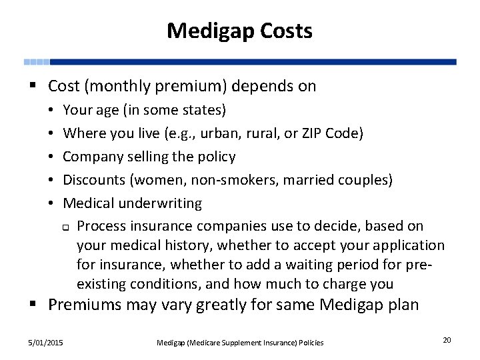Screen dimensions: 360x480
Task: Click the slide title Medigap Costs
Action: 239,31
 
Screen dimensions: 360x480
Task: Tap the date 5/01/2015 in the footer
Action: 46,342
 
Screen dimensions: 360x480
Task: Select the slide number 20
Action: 447,341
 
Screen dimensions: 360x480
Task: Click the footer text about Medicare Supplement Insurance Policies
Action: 240,343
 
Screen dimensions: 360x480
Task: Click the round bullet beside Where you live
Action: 52,133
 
